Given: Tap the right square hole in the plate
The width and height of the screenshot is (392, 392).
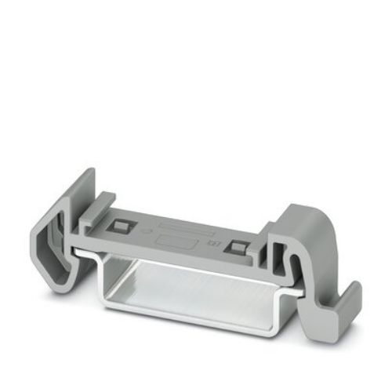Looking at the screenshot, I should click(233, 247).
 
